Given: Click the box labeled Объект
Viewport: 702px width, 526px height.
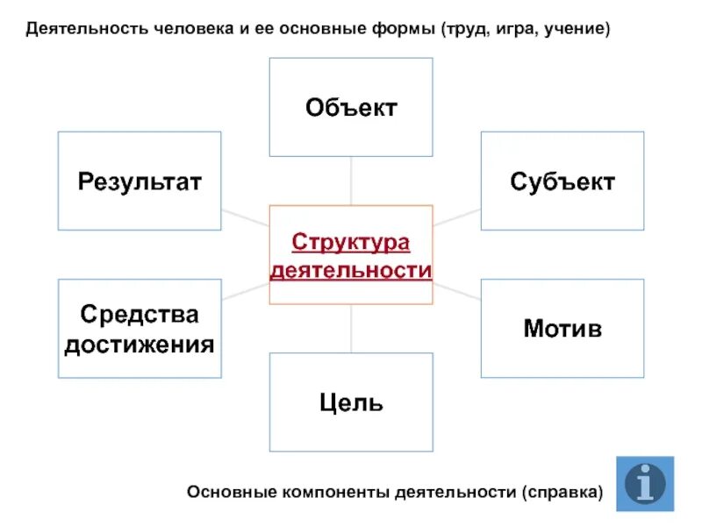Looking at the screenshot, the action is [x=350, y=107].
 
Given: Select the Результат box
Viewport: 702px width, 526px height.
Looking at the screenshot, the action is [x=140, y=181].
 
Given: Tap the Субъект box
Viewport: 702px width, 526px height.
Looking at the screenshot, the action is [x=562, y=181].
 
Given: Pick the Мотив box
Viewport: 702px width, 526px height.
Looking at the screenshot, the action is [x=562, y=329].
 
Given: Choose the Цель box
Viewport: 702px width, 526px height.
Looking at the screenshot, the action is [x=350, y=402].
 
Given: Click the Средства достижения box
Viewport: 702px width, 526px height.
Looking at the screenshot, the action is [x=140, y=329].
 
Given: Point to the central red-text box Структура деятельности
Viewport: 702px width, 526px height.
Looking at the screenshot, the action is [x=350, y=255].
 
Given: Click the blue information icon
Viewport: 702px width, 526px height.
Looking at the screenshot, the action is [x=645, y=484].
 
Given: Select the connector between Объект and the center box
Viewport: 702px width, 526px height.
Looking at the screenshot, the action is [x=351, y=181].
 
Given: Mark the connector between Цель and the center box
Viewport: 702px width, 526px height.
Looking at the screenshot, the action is [x=351, y=329].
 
